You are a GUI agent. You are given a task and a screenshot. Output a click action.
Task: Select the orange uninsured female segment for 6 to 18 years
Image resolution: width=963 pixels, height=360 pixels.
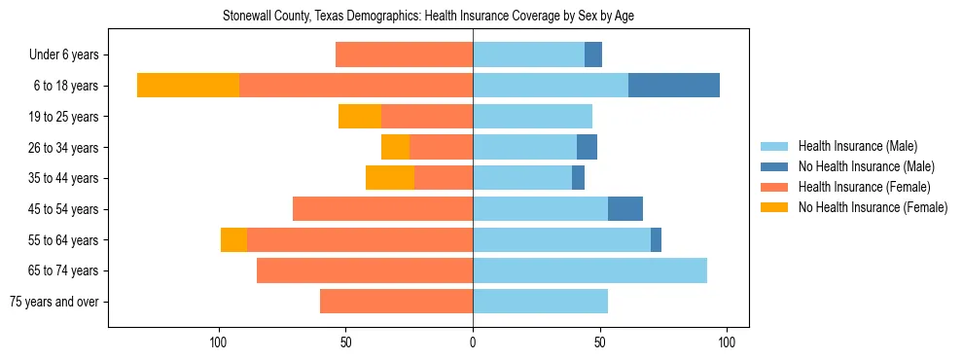[x=188, y=86]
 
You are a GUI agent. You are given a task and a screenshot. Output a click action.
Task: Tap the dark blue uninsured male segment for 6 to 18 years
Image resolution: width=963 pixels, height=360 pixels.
[x=674, y=86]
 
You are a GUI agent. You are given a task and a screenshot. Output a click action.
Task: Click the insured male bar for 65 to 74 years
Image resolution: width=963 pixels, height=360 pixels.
[x=589, y=270]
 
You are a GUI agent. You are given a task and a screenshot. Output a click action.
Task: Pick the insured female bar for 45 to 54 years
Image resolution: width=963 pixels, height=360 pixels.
[x=382, y=209]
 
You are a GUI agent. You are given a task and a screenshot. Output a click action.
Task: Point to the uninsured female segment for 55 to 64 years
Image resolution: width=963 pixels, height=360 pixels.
[x=233, y=240]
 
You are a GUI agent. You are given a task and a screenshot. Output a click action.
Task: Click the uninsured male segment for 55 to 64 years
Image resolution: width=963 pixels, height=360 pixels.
[x=656, y=240]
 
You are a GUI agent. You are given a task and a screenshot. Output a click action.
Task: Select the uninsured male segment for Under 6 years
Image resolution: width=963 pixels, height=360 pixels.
[x=593, y=54]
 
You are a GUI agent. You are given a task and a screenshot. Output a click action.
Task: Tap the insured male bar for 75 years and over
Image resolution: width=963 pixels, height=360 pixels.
[x=540, y=302]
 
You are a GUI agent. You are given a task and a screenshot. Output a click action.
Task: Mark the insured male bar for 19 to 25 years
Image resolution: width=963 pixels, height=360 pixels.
[x=532, y=117]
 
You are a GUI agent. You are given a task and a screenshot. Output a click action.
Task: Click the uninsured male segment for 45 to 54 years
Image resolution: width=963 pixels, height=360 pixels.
[x=625, y=209]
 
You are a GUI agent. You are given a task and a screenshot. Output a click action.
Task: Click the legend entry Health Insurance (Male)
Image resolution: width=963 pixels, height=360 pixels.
[x=856, y=146]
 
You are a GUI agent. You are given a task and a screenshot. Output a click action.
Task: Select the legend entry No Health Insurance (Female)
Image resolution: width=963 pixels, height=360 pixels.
[x=872, y=207]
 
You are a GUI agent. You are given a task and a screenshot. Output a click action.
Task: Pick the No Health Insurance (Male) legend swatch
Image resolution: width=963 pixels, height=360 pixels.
[x=775, y=166]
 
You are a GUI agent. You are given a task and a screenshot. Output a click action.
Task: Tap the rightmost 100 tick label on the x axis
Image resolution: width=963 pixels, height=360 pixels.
[x=727, y=342]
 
